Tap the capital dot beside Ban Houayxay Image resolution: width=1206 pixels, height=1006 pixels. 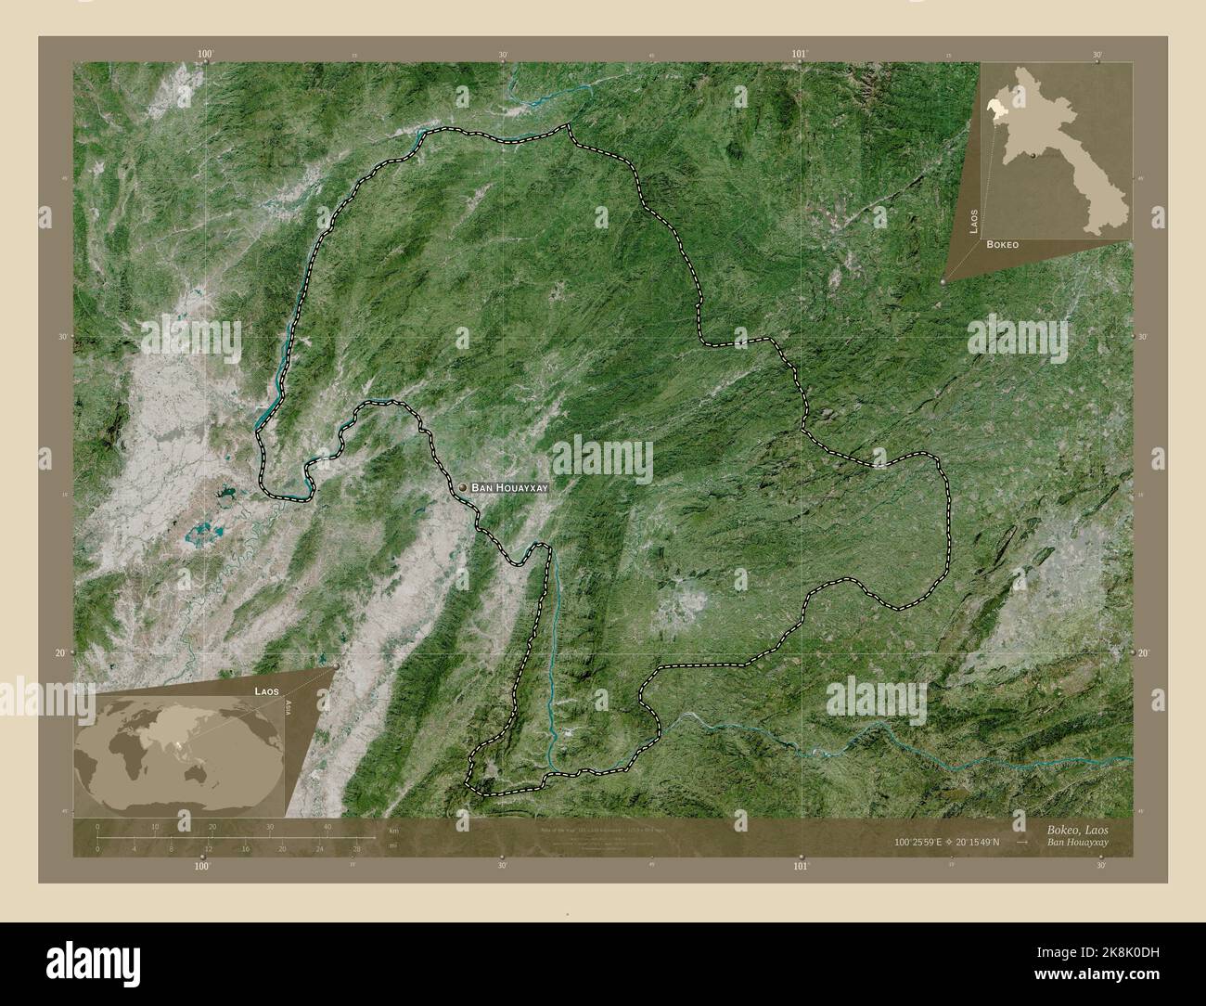[462, 486]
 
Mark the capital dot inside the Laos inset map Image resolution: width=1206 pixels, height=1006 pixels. [1033, 157]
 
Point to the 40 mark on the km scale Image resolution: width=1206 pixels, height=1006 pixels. [327, 826]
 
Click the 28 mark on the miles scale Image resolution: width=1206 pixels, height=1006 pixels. [356, 847]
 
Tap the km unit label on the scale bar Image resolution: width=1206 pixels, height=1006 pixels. [393, 829]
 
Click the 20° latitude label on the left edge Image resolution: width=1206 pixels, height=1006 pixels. [58, 653]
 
